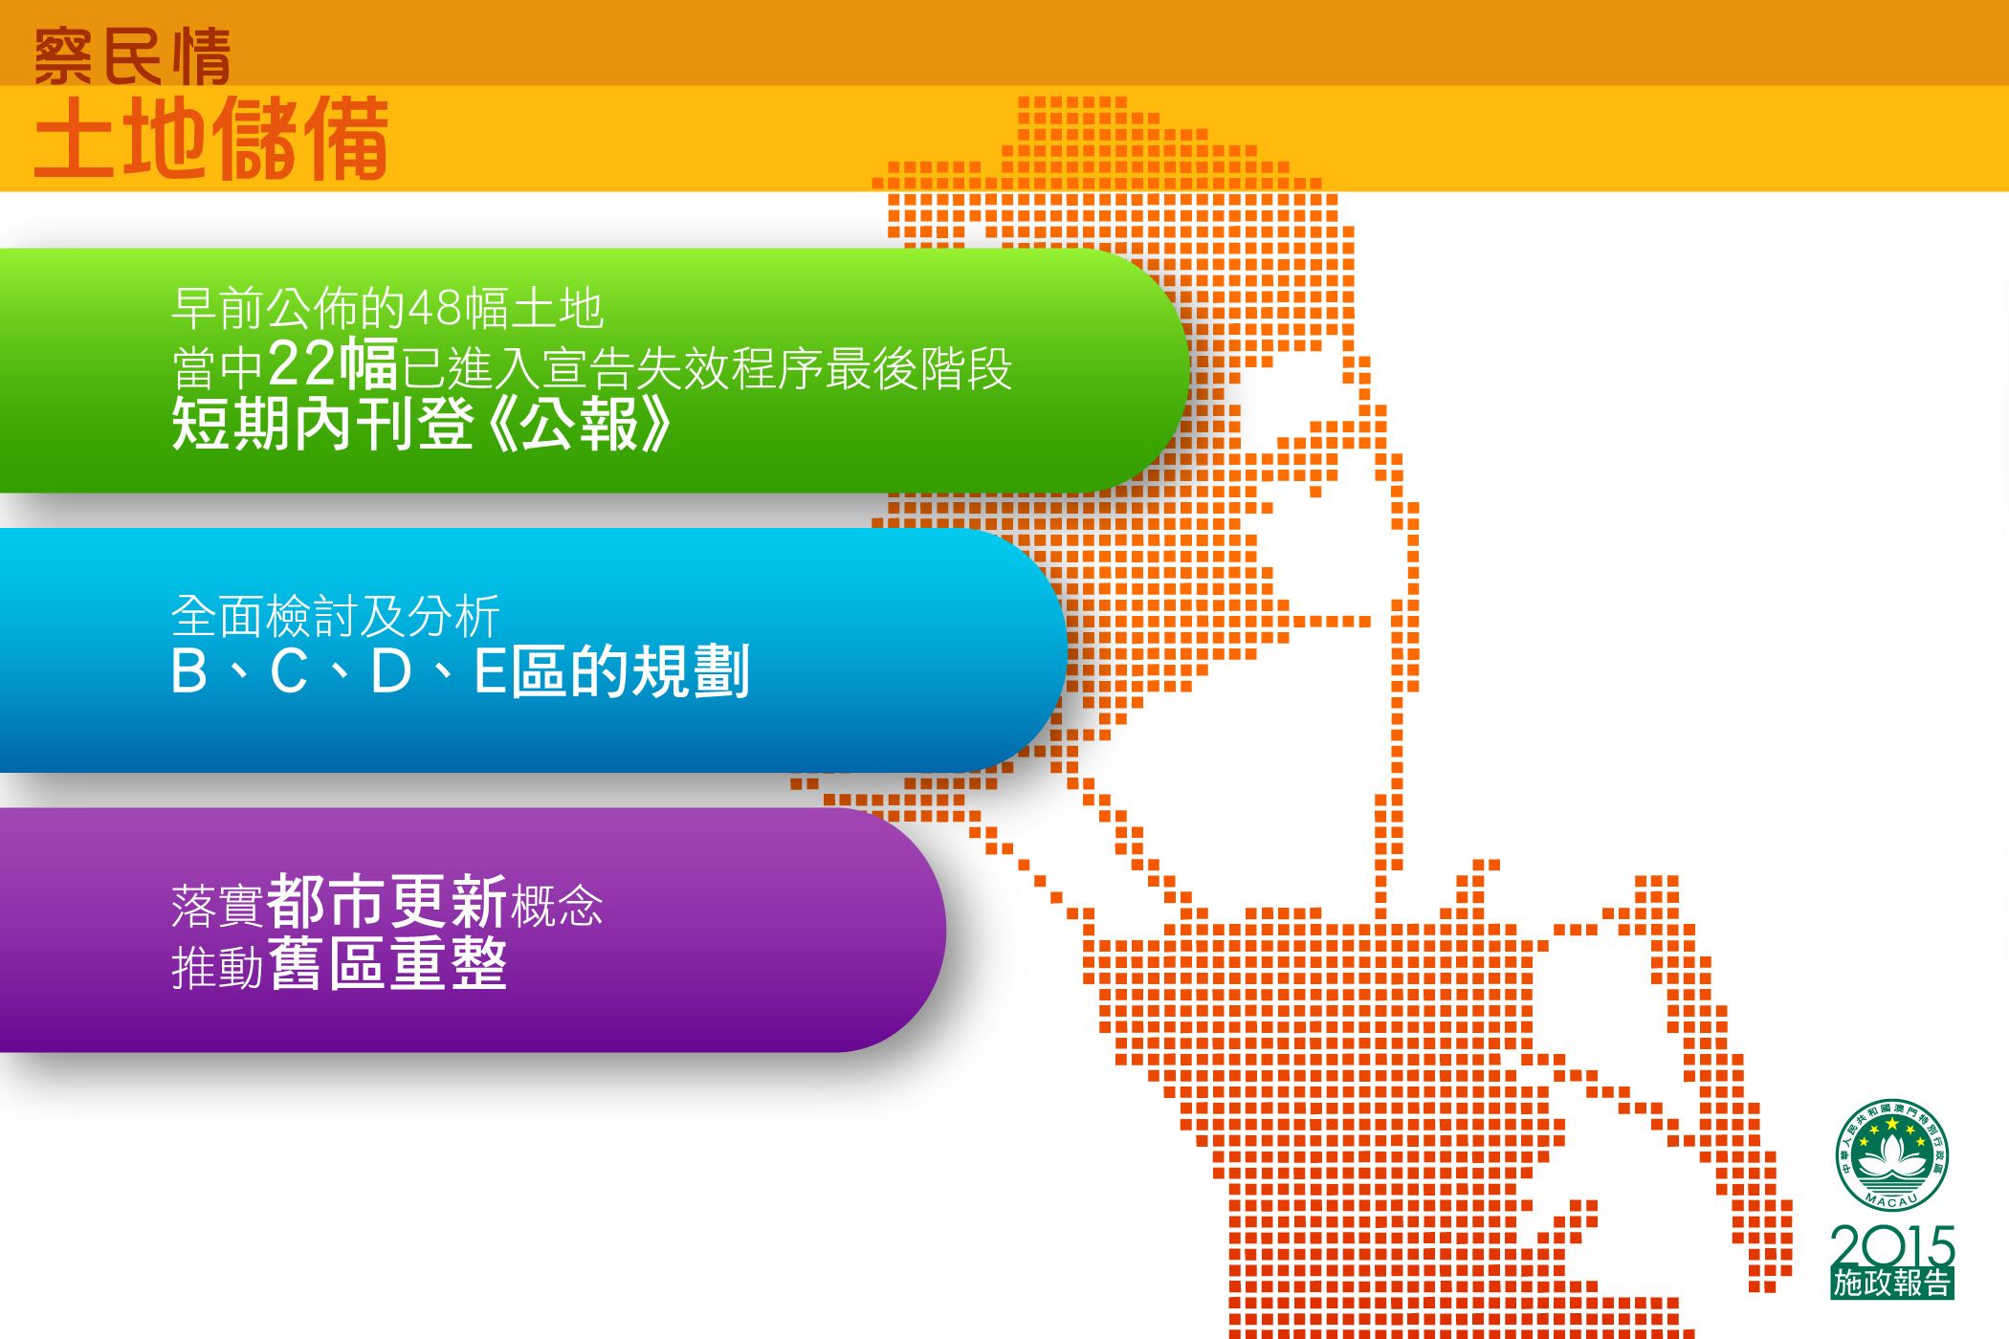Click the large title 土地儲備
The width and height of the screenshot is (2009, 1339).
[x=211, y=139]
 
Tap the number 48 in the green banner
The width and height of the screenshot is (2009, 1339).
[x=435, y=308]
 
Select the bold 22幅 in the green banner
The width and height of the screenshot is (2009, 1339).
[x=333, y=364]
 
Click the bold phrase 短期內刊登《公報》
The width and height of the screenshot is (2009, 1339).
[x=422, y=424]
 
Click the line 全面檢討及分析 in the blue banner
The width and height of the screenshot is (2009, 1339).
[x=336, y=616]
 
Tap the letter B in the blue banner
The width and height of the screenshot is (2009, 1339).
[x=189, y=671]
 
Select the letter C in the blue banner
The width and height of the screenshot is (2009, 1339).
[x=289, y=671]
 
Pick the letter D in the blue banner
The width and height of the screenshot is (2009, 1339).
[x=390, y=671]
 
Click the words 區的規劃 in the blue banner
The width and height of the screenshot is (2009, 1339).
[x=630, y=671]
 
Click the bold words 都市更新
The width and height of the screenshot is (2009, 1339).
[x=387, y=901]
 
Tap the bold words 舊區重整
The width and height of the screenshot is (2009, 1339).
[x=387, y=963]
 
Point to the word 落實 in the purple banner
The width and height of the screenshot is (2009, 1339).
[x=217, y=906]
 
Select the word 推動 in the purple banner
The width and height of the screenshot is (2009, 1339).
[x=217, y=967]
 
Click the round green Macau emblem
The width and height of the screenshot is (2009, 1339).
[x=1891, y=1155]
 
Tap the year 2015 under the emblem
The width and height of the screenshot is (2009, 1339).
[x=1892, y=1245]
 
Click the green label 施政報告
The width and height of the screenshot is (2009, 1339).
[x=1892, y=1283]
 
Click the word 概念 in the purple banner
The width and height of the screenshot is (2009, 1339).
[x=558, y=906]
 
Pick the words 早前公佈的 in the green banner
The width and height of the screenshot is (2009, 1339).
[x=290, y=308]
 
